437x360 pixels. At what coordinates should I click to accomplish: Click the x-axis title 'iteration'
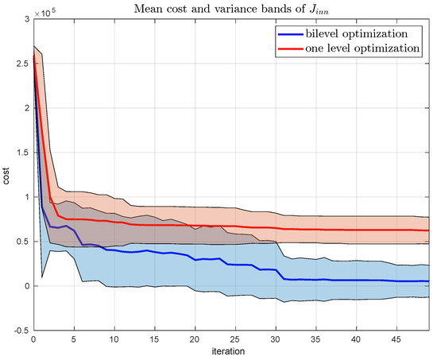[x=234, y=350]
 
